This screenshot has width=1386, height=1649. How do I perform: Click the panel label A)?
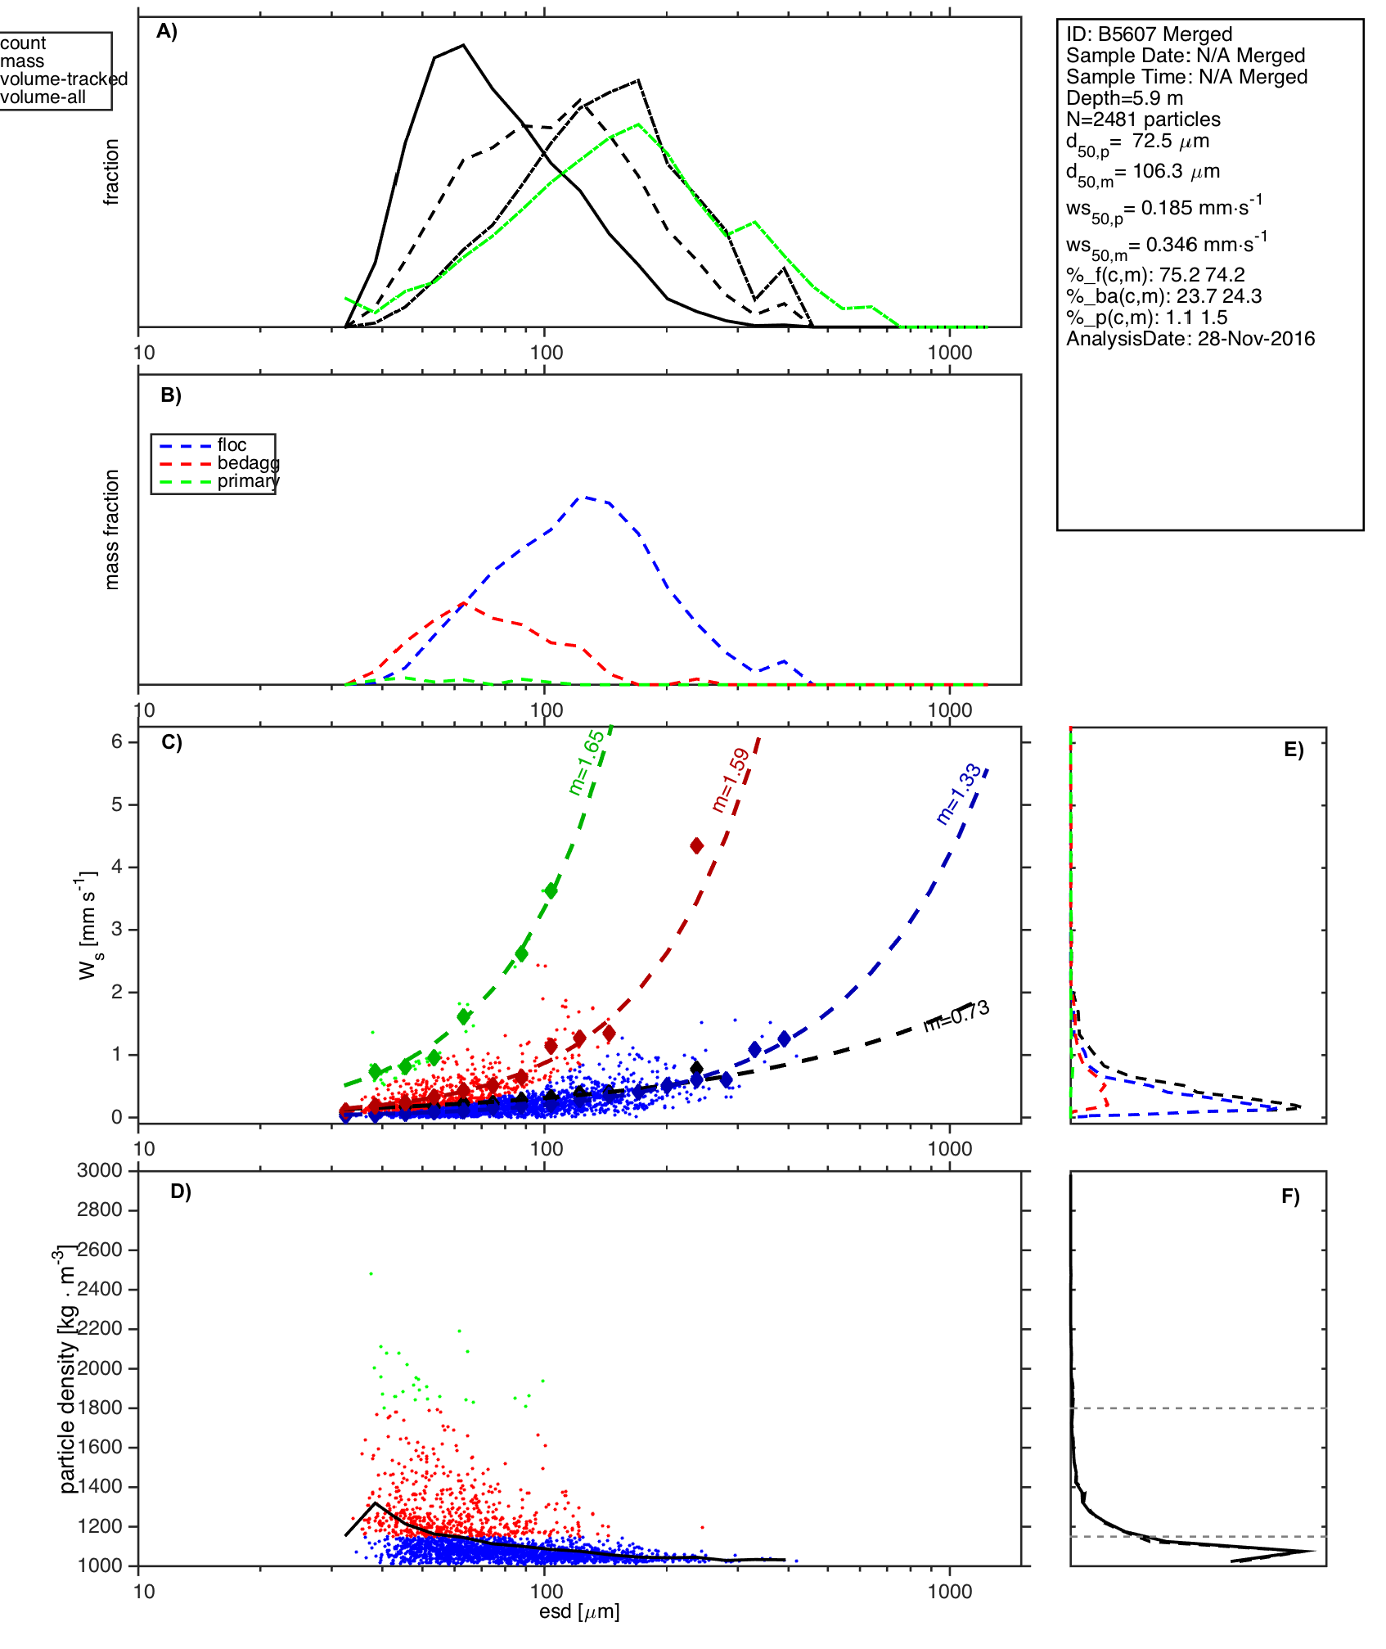click(x=167, y=31)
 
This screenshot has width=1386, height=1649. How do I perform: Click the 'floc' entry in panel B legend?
click(x=232, y=445)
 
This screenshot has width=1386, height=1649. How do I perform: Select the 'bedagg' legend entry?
click(x=248, y=463)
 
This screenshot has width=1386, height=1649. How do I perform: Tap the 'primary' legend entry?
click(x=248, y=481)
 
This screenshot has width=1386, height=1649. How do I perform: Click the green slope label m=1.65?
click(x=586, y=762)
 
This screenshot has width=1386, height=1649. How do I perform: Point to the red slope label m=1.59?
click(x=731, y=779)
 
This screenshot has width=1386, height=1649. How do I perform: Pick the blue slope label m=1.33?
click(x=958, y=794)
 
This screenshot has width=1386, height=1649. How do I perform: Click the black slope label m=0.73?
click(x=956, y=1016)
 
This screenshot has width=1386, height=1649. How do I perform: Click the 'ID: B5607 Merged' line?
click(x=1149, y=34)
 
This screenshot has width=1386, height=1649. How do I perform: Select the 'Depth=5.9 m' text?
click(x=1124, y=98)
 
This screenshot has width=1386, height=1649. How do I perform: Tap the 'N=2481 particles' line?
click(x=1143, y=119)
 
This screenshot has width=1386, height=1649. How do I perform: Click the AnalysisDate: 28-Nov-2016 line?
click(x=1190, y=339)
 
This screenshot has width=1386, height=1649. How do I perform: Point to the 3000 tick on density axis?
click(x=100, y=1170)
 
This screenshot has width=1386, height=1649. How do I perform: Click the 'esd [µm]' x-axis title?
click(x=579, y=1612)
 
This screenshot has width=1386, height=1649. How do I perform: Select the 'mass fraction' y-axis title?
click(x=112, y=529)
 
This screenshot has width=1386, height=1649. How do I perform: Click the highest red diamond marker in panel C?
click(x=696, y=845)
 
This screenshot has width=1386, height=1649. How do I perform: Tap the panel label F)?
click(x=1290, y=1196)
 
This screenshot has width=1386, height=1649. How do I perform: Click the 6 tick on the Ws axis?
click(x=117, y=741)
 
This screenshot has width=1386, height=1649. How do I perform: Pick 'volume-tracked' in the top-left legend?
click(x=64, y=79)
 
